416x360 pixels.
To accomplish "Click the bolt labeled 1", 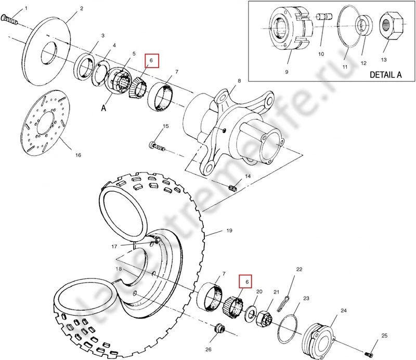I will [x=10, y=20].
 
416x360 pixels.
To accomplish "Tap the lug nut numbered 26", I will [x=219, y=329].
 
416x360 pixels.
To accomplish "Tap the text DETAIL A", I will [x=385, y=74].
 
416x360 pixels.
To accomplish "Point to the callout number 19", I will [x=228, y=230].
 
